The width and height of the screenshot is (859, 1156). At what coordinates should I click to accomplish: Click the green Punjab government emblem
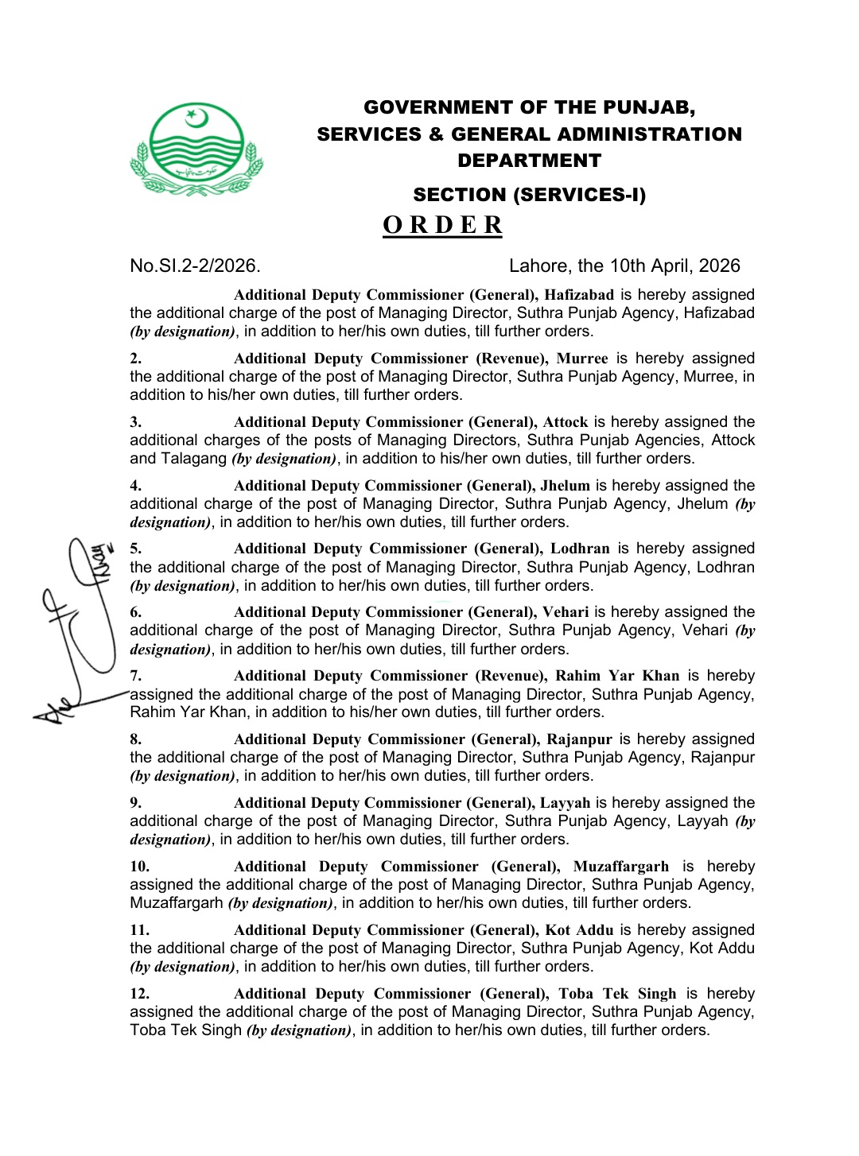tap(196, 149)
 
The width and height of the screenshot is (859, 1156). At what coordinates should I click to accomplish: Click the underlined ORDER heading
tap(442, 225)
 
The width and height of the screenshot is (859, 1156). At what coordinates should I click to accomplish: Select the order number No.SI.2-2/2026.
tap(195, 266)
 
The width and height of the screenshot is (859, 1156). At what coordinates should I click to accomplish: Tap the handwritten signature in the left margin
tap(80, 628)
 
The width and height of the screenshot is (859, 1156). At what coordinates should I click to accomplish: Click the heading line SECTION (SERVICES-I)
tap(529, 195)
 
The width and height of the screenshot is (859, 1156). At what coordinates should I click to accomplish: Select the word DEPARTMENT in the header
tap(529, 161)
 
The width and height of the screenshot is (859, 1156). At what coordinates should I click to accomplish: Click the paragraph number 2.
tap(136, 359)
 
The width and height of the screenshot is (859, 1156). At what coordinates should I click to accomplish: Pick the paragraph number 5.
tap(136, 549)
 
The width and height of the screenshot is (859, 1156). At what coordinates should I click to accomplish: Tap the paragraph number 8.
tap(136, 739)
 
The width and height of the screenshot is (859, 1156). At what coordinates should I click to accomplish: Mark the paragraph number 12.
tap(140, 994)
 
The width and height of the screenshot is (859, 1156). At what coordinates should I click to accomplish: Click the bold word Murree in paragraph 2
tap(582, 359)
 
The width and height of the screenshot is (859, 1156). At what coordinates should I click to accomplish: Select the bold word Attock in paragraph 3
tap(566, 422)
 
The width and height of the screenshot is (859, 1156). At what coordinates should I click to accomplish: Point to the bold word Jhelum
tap(566, 486)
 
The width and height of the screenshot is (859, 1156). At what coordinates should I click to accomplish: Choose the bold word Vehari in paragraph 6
tap(566, 612)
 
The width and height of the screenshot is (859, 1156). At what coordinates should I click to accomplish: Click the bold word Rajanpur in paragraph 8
tap(579, 739)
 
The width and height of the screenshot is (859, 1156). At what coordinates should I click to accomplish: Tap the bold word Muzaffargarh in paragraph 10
tap(620, 867)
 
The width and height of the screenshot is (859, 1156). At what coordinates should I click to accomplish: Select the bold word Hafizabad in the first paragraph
tap(579, 295)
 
